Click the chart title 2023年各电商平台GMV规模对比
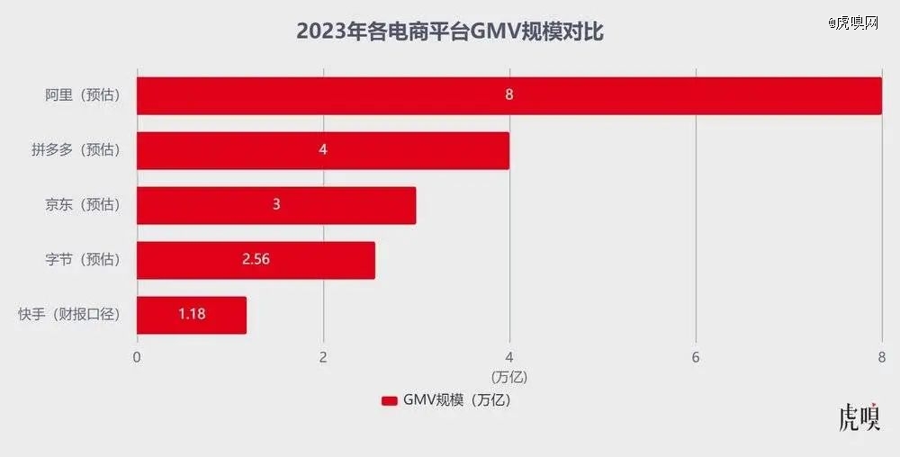click(450, 32)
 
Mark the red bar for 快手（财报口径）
click(216, 314)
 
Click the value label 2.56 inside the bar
click(256, 259)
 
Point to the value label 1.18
click(192, 314)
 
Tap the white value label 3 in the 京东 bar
click(276, 204)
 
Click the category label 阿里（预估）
click(83, 94)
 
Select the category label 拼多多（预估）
click(76, 149)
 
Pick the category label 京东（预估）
click(83, 204)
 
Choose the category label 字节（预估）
click(83, 259)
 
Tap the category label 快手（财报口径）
click(68, 314)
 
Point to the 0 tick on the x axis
click(137, 356)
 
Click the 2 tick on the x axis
click(323, 356)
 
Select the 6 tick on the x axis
click(696, 356)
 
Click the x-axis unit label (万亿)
click(508, 375)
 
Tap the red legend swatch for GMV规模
click(390, 400)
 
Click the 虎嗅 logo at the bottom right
click(859, 419)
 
